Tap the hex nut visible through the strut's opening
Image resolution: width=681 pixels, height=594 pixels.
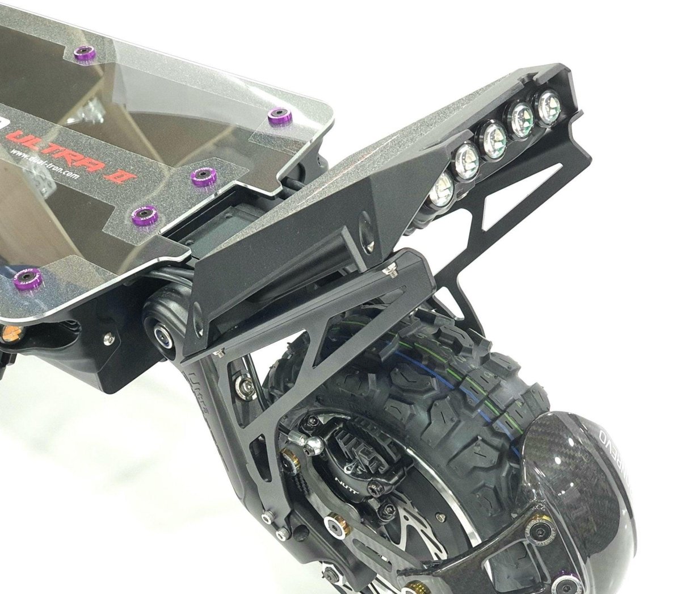244,386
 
